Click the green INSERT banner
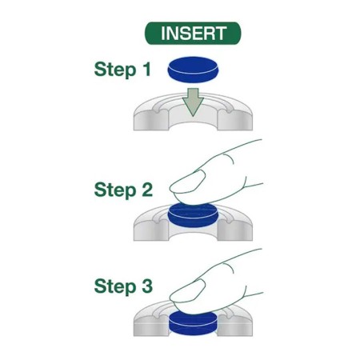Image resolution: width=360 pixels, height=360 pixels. point(193,34)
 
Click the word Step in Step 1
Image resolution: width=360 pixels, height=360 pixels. point(115,70)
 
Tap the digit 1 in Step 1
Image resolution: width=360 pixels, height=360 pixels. point(146,69)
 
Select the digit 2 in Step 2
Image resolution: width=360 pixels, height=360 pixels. point(147,190)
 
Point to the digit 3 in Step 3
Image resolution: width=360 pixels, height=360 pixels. point(147,286)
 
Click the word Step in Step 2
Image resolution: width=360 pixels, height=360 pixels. point(115,190)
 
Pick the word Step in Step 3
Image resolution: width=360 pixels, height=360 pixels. point(115,287)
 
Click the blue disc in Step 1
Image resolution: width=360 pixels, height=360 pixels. point(193,70)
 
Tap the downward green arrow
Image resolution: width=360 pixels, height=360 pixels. point(193,102)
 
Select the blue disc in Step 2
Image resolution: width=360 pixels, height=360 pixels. point(193,215)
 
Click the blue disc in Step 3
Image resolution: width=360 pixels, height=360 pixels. point(193,323)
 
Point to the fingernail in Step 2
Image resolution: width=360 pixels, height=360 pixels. point(188,182)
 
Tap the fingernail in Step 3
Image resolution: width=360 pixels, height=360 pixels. point(188,290)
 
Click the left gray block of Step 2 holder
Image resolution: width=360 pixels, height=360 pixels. point(151,230)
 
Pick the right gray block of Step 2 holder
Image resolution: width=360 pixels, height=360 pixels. point(234,230)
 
